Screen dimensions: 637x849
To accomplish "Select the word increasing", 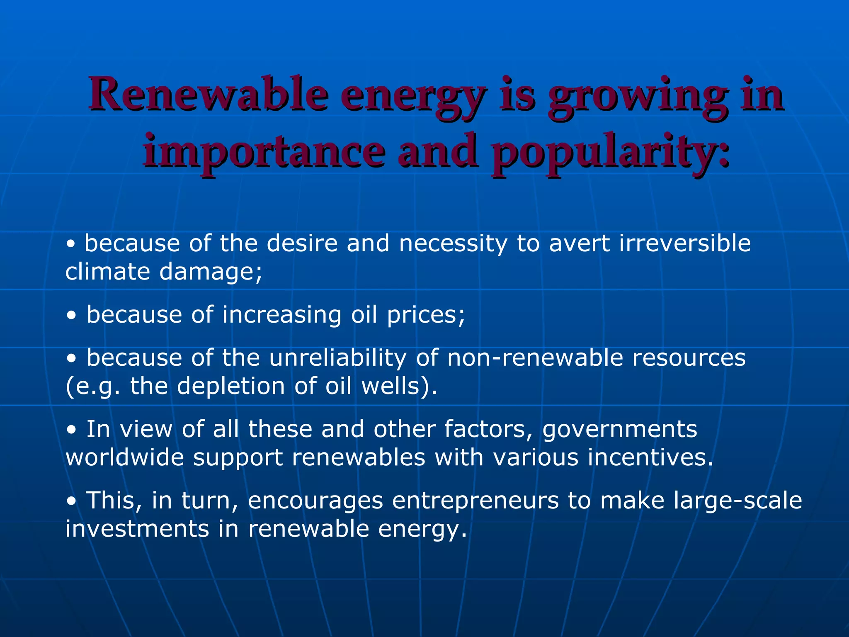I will pos(282,315).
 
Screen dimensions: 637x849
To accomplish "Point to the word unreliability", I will pos(338,358).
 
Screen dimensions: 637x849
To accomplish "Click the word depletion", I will pos(231,387).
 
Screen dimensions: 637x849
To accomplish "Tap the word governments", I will pos(620,430).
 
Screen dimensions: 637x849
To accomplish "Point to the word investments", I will pos(137,529).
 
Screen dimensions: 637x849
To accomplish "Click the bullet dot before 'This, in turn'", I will pos(72,501).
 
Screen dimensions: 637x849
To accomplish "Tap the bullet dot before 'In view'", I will pos(72,430).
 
